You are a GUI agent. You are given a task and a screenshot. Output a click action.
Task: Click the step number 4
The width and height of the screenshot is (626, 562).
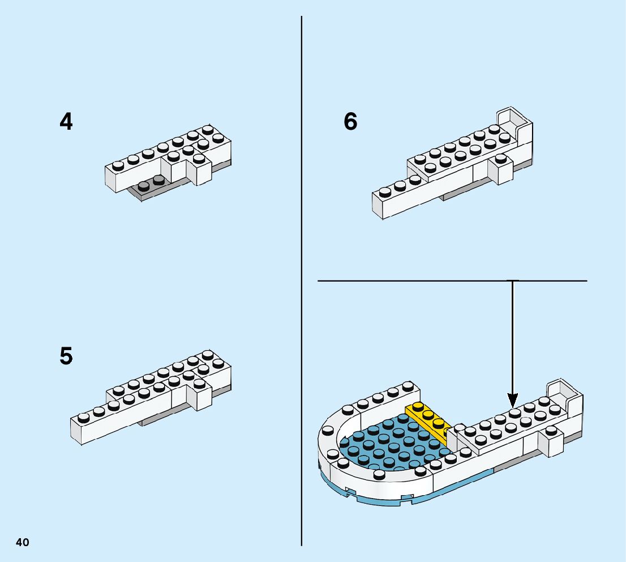click(66, 122)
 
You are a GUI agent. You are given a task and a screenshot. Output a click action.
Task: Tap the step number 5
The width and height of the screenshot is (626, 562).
click(66, 357)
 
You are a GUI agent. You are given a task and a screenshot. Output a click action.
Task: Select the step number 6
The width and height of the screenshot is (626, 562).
click(351, 122)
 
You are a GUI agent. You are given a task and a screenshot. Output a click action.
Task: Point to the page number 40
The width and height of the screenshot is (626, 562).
click(23, 543)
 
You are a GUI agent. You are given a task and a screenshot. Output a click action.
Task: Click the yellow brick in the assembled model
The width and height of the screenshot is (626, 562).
click(429, 422)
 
